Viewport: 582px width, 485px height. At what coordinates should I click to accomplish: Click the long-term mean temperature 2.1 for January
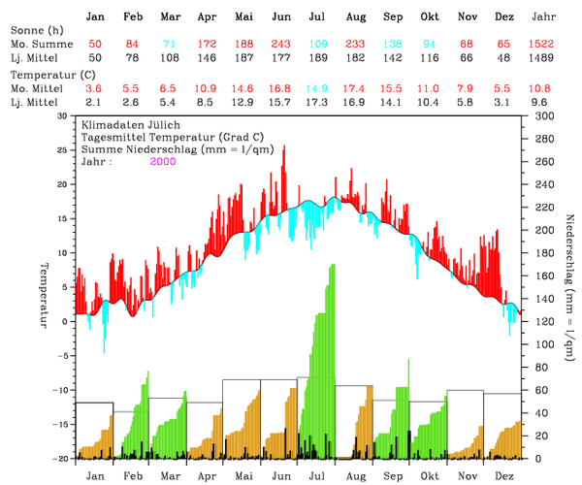[95, 102]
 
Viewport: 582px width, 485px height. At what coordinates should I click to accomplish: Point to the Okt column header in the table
[430, 17]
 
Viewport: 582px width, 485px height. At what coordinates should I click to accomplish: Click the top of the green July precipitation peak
[333, 265]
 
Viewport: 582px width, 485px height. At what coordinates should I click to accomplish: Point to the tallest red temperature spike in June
[284, 147]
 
